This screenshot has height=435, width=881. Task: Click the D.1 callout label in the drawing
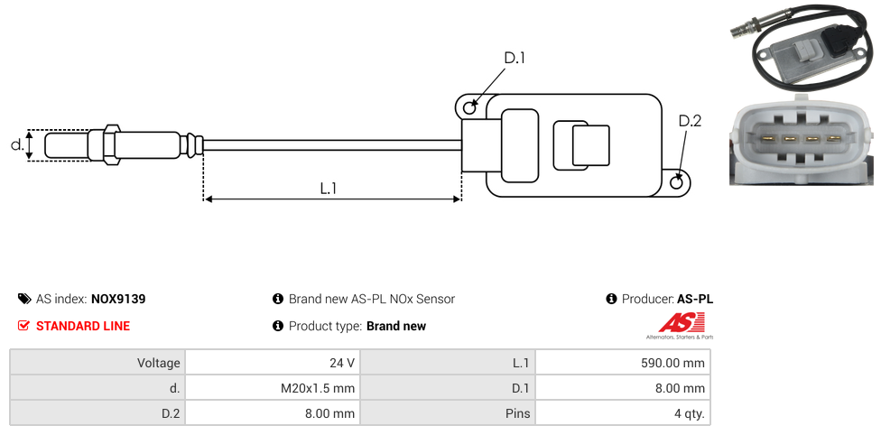[x=515, y=58]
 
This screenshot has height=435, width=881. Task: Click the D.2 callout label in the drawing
[x=690, y=121]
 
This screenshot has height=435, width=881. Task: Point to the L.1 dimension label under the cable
[x=329, y=189]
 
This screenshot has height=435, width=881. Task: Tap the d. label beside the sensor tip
[x=17, y=144]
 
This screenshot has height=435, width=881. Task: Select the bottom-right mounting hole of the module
[x=678, y=181]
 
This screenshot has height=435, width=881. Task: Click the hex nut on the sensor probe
[x=111, y=145]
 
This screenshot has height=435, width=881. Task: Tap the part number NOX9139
[x=118, y=299]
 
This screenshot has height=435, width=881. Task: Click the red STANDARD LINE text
[x=83, y=326]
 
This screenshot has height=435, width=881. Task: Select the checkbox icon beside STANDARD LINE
[x=23, y=326]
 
